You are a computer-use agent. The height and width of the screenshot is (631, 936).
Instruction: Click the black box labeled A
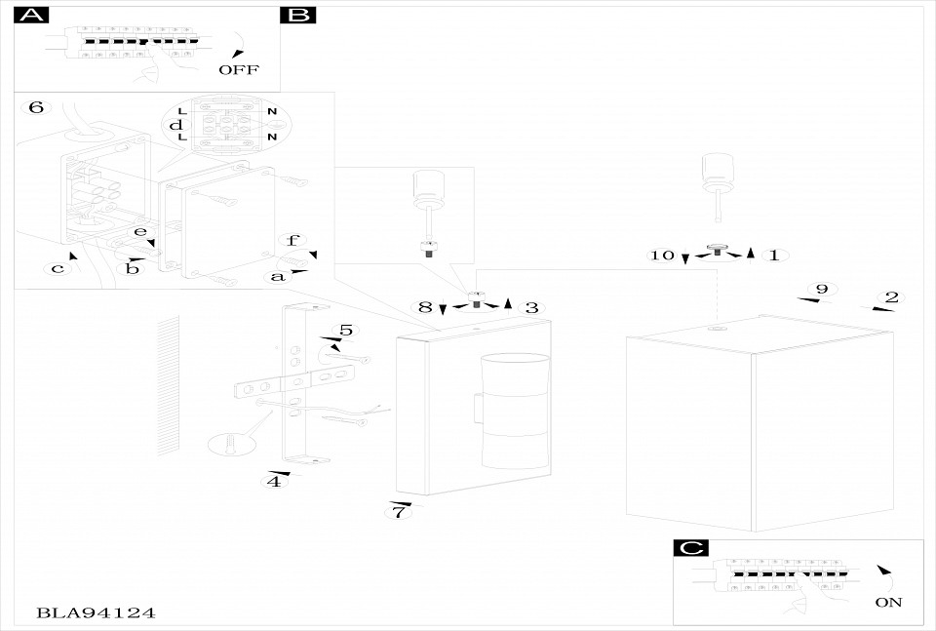click(31, 15)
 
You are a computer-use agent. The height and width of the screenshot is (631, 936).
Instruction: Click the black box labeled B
click(298, 15)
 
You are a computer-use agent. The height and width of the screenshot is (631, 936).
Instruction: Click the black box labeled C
click(690, 547)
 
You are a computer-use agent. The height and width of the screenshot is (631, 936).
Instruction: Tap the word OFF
click(239, 70)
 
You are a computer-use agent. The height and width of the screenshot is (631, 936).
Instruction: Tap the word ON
click(888, 603)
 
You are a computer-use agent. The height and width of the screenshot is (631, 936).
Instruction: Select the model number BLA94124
click(96, 612)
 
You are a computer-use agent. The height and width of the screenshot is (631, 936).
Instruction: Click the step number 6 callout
click(36, 107)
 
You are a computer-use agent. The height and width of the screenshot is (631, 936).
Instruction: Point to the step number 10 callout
click(662, 256)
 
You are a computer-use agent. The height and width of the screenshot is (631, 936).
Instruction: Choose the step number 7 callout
click(400, 512)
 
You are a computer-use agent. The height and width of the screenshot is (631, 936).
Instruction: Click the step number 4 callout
click(274, 481)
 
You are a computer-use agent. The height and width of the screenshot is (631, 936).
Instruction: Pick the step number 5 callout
click(346, 330)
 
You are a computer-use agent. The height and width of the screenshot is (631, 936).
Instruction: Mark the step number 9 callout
click(822, 289)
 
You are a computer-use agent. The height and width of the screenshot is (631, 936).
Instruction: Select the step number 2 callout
click(892, 297)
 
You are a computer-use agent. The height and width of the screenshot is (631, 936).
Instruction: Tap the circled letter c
click(58, 268)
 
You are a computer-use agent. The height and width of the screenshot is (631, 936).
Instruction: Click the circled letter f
click(292, 241)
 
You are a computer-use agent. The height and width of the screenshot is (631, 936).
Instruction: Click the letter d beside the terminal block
click(175, 125)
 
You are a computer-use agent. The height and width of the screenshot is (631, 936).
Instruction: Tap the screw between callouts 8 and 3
click(475, 299)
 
